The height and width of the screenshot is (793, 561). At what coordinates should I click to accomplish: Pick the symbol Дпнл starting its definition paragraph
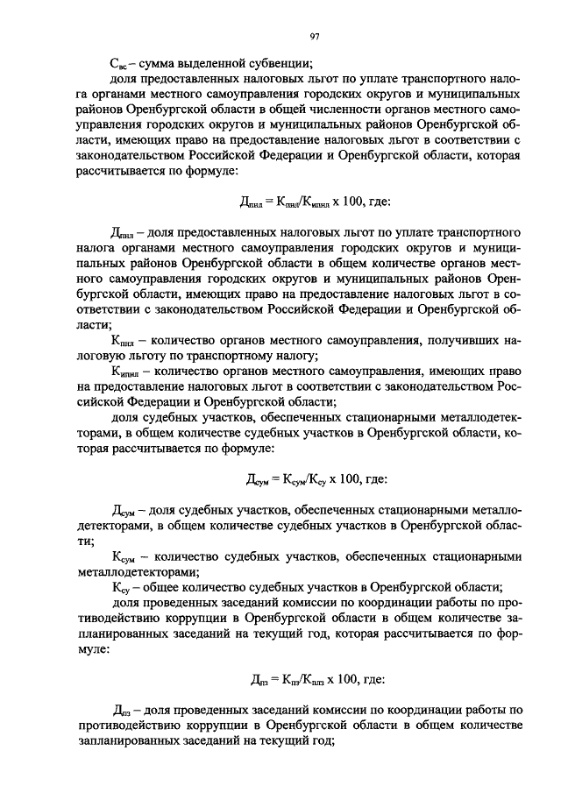point(123,235)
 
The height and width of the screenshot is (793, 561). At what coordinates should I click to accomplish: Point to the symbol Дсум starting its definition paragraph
point(124,512)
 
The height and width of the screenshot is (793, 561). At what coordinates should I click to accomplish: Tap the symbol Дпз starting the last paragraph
point(121,709)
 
